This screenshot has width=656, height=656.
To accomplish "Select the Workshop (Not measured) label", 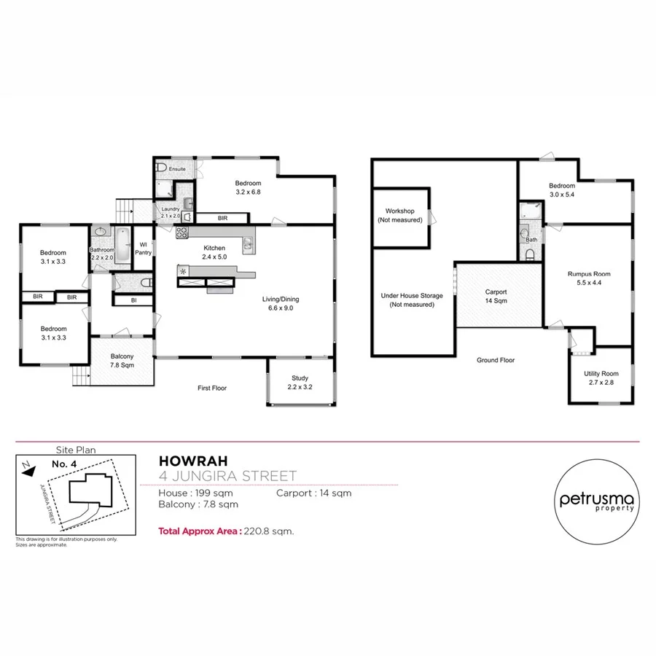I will point(400,215).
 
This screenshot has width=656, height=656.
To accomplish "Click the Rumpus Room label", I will point(588,278).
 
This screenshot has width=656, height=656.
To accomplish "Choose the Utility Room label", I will point(601,378).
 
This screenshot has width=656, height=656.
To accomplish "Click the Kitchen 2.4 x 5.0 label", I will point(214,252).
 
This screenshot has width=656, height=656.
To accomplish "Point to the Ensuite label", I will point(177,169).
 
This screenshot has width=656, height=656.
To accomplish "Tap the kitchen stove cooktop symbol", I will point(181,233).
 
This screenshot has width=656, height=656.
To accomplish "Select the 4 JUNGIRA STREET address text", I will point(227,477).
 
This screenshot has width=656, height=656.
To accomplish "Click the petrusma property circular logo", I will point(597,502).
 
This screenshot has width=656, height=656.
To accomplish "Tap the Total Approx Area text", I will point(226,531).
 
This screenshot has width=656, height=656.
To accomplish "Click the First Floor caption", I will point(212,388).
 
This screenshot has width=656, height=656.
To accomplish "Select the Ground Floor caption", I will point(496,360).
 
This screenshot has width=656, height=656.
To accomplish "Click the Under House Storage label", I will point(411,300).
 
